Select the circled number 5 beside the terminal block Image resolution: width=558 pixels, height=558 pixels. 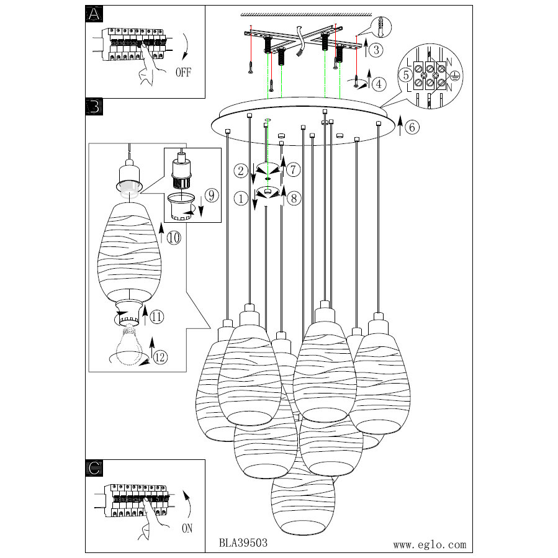click(405, 76)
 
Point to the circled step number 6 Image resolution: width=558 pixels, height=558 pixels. click(413, 127)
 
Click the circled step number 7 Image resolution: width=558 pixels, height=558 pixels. click(294, 169)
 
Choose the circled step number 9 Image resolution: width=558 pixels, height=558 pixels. click(211, 195)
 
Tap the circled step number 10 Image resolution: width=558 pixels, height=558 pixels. click(174, 237)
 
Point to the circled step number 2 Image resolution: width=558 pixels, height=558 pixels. click(241, 169)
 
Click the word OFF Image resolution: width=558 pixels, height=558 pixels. click(183, 73)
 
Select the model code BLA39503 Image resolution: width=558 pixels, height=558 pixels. click(243, 541)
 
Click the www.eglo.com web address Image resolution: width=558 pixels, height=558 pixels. click(430, 544)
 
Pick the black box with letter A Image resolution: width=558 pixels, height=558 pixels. click(93, 16)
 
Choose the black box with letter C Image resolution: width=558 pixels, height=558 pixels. click(93, 468)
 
